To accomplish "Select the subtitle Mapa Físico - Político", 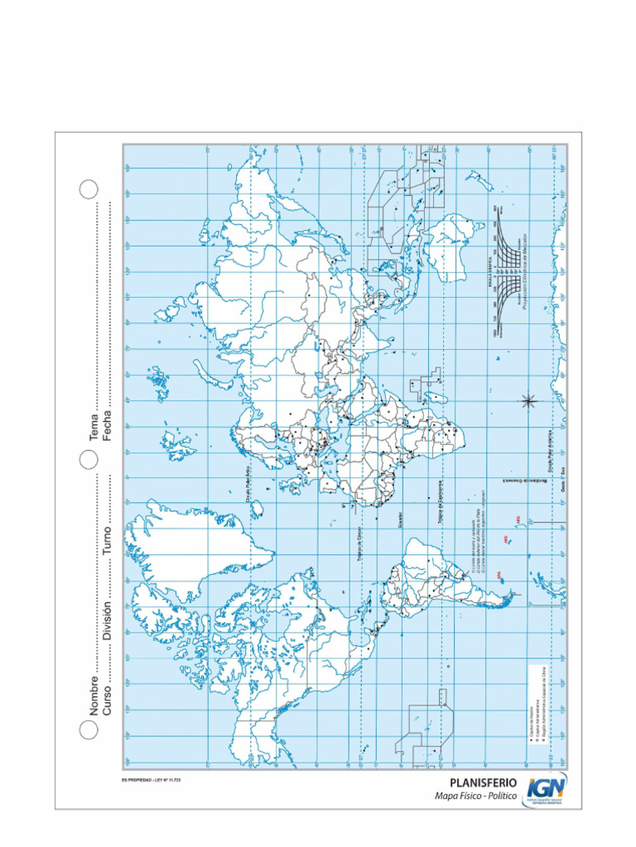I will tap(476, 796).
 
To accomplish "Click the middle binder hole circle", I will tap(89, 459).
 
